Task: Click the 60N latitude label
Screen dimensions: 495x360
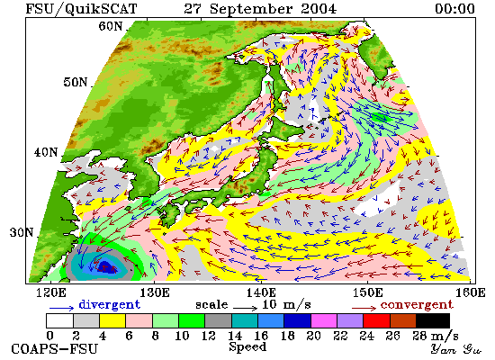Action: pyautogui.click(x=111, y=26)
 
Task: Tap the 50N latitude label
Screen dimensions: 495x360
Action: pyautogui.click(x=76, y=82)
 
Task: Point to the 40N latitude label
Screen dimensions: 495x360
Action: pyautogui.click(x=46, y=152)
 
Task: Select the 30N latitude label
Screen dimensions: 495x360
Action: pyautogui.click(x=22, y=233)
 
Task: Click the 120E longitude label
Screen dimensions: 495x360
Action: pyautogui.click(x=51, y=292)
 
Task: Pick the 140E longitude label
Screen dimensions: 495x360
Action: pyautogui.click(x=261, y=292)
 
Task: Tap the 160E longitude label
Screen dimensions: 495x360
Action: pyautogui.click(x=471, y=292)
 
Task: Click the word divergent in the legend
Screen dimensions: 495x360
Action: pyautogui.click(x=109, y=305)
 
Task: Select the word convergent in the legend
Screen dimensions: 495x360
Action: pyautogui.click(x=417, y=305)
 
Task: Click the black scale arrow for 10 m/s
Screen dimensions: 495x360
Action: pyautogui.click(x=246, y=307)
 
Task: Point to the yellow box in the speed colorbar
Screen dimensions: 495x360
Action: pyautogui.click(x=112, y=320)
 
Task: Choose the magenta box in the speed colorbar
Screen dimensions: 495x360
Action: pyautogui.click(x=324, y=320)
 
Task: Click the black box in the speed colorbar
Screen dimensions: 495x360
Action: pyautogui.click(x=433, y=320)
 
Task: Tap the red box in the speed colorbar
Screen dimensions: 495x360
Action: pyautogui.click(x=376, y=320)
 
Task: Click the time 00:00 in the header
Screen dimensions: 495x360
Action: pyautogui.click(x=454, y=8)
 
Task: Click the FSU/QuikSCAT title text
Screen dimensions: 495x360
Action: pyautogui.click(x=81, y=9)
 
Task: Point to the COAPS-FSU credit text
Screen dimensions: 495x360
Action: pyautogui.click(x=55, y=349)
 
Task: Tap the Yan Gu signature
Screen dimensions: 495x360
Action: pyautogui.click(x=456, y=350)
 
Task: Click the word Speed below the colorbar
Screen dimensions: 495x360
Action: pyautogui.click(x=247, y=347)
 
